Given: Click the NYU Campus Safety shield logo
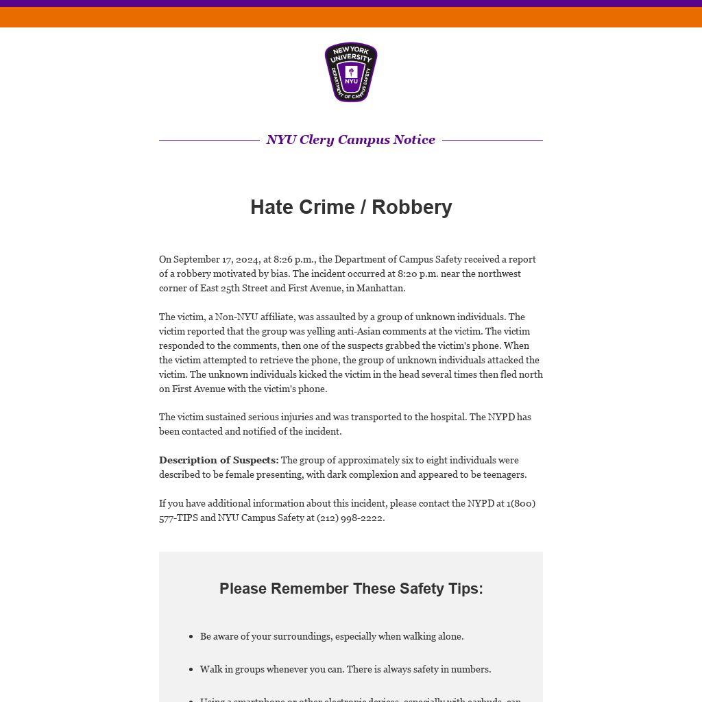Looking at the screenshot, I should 351,72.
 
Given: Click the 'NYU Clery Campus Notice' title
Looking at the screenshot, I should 351,140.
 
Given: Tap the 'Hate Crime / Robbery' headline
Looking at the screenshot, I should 351,207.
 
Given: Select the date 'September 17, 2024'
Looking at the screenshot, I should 216,259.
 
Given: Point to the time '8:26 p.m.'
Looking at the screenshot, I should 293,259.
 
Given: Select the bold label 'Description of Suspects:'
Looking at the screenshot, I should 219,460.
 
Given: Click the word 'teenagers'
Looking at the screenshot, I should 503,474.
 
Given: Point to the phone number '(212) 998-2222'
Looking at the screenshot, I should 350,518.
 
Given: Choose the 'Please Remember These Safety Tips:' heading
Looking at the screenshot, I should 351,589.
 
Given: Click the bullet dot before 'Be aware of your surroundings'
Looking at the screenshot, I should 191,637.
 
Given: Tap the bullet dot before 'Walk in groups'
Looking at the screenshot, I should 191,670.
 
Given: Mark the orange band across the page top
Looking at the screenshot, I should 351,17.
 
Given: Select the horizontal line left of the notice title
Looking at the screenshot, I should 209,140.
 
